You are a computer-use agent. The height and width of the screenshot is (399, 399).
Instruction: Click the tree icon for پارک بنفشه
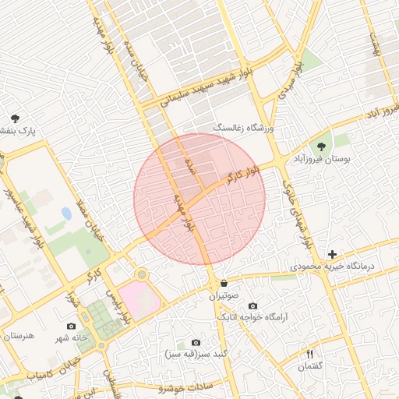(15, 118)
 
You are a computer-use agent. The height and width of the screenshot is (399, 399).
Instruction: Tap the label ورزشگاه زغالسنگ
(244, 125)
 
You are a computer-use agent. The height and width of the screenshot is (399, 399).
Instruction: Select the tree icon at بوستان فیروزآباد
(320, 146)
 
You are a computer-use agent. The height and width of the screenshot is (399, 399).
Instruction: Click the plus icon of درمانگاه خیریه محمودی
(332, 254)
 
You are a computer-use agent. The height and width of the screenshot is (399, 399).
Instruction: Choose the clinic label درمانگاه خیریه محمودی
(344, 267)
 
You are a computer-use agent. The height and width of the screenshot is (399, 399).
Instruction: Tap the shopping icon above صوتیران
(224, 284)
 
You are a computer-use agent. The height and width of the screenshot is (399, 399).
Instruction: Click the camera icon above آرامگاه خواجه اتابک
(252, 305)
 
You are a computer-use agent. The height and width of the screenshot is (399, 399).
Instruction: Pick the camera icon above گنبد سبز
(196, 342)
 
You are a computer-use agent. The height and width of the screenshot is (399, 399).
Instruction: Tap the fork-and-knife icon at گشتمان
(309, 355)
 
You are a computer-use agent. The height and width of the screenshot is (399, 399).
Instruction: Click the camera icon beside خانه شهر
(72, 326)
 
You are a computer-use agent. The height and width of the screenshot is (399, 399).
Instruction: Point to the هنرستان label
(19, 335)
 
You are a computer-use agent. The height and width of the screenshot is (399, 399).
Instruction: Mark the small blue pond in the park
(66, 213)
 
